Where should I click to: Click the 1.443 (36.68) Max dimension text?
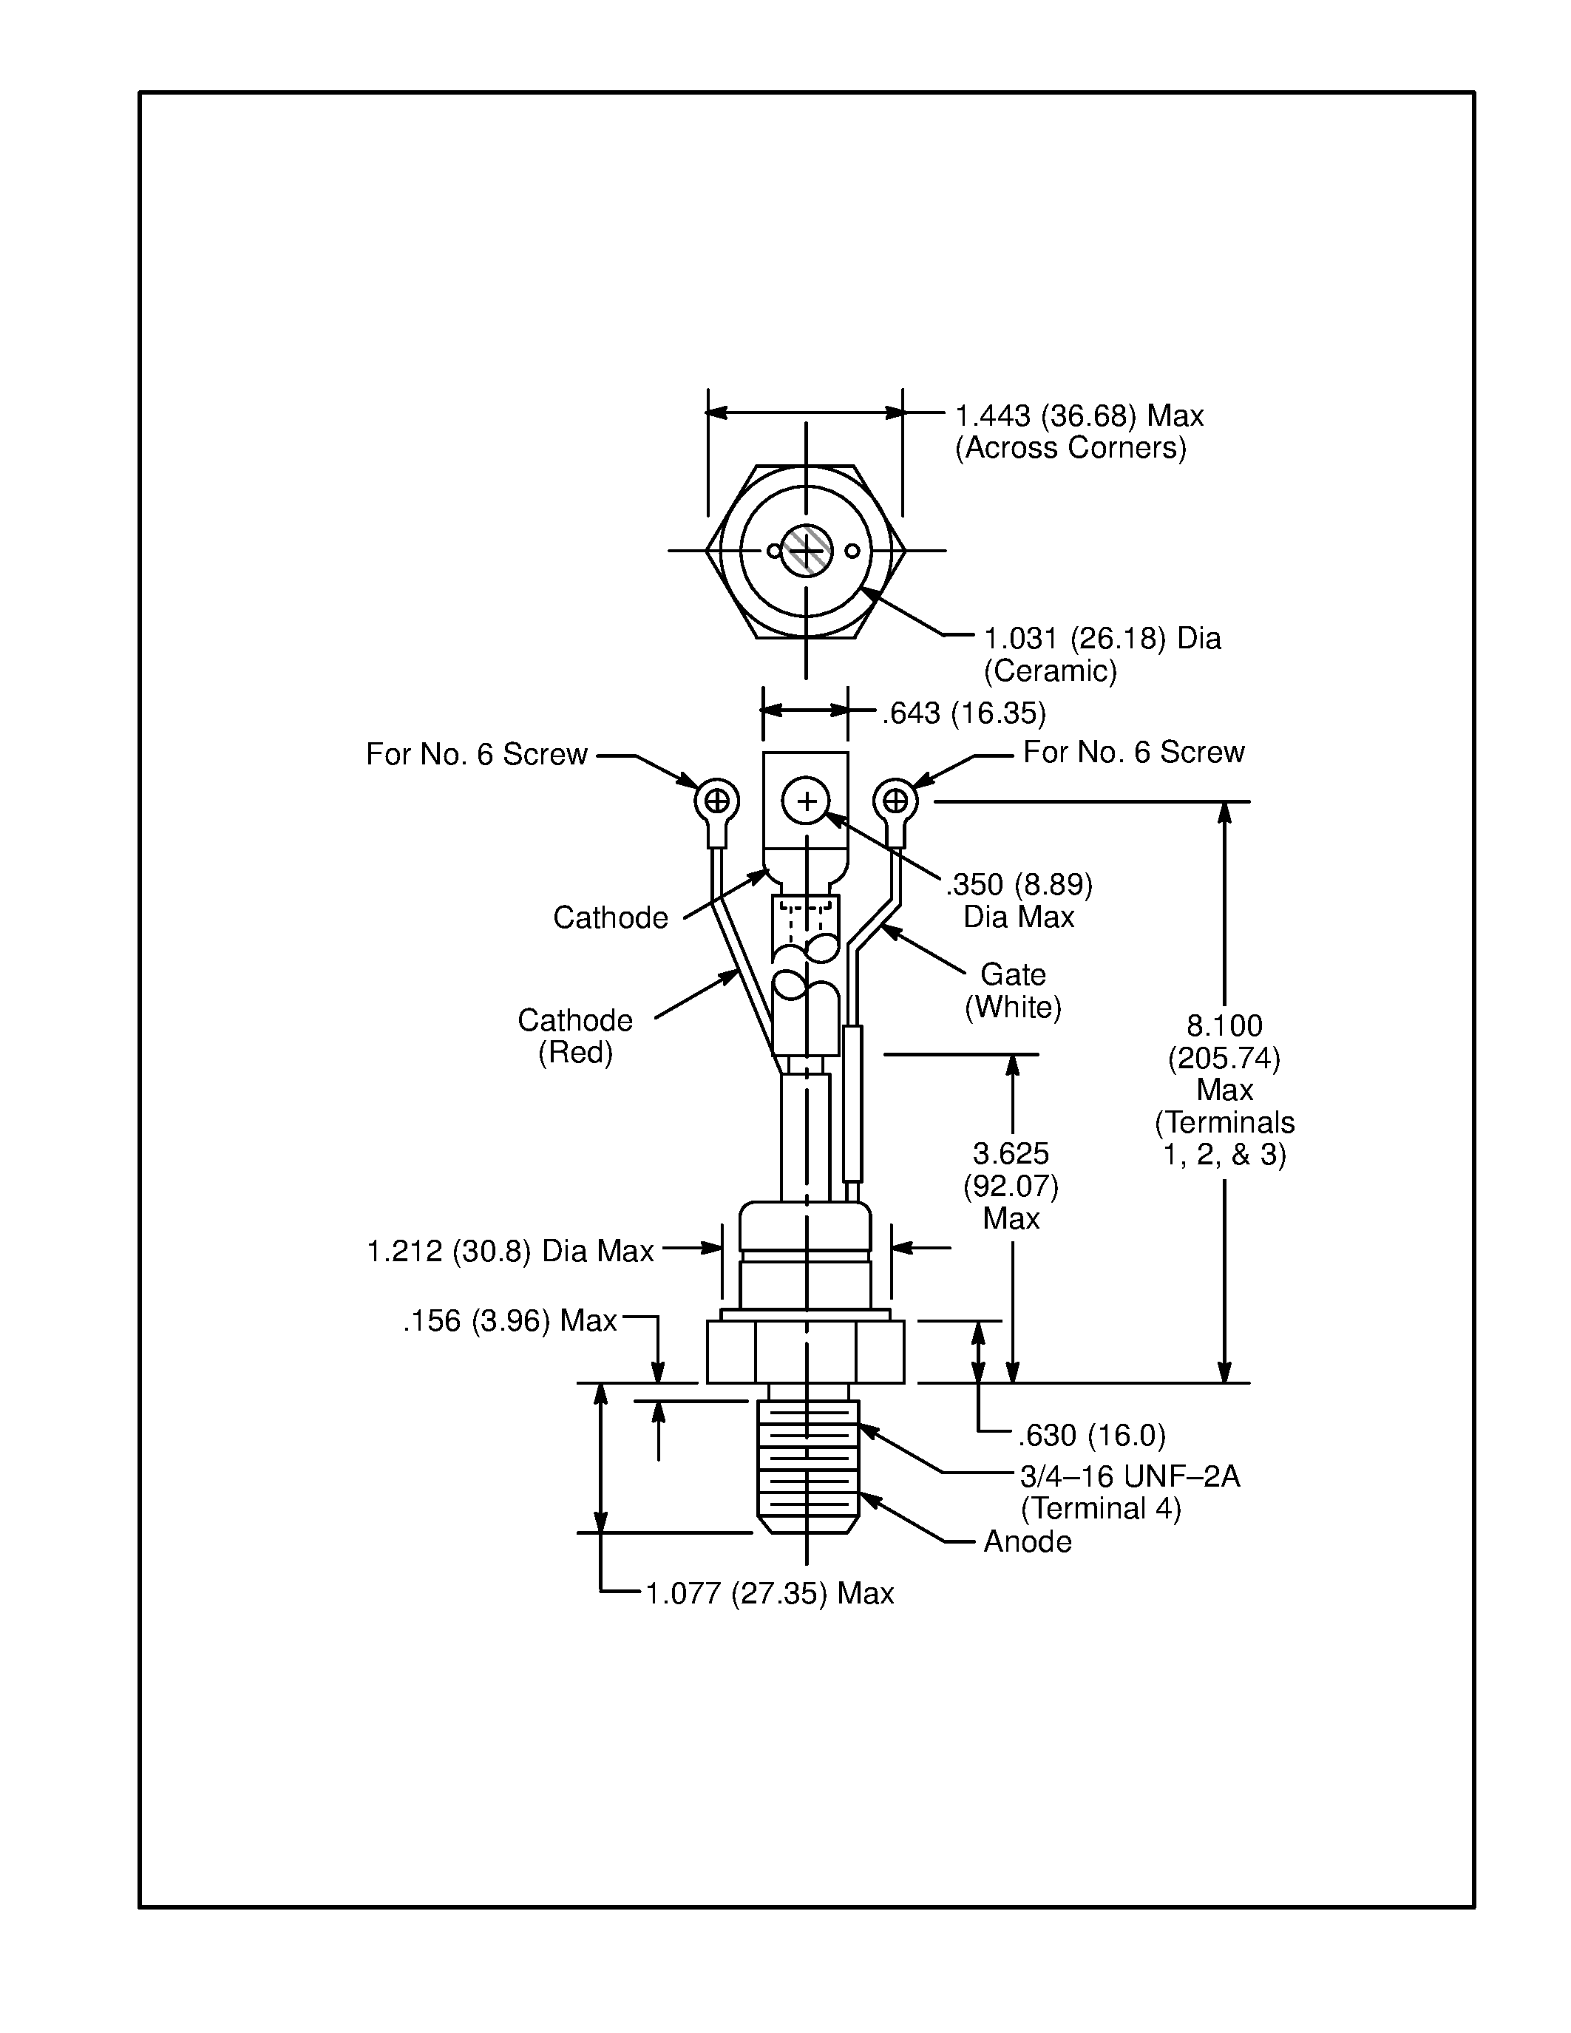1079,416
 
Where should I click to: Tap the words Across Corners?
1070,448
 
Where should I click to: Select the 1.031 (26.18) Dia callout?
1102,639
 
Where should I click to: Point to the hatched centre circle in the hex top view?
806,551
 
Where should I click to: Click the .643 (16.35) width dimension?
963,714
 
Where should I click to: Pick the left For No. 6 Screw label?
477,754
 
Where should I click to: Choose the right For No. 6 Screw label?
1133,752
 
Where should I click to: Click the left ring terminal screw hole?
716,801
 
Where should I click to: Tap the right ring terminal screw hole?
895,801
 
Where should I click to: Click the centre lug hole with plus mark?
806,801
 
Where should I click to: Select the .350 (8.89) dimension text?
1019,884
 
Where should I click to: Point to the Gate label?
1013,974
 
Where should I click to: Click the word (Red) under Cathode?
575,1053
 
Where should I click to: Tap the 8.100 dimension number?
1224,1026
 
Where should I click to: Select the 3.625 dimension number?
1011,1153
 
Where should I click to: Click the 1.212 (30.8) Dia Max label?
510,1251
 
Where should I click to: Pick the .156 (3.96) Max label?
510,1321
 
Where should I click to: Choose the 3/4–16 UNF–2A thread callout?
1129,1476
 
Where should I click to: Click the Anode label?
1028,1541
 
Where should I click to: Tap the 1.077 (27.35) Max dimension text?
770,1594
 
